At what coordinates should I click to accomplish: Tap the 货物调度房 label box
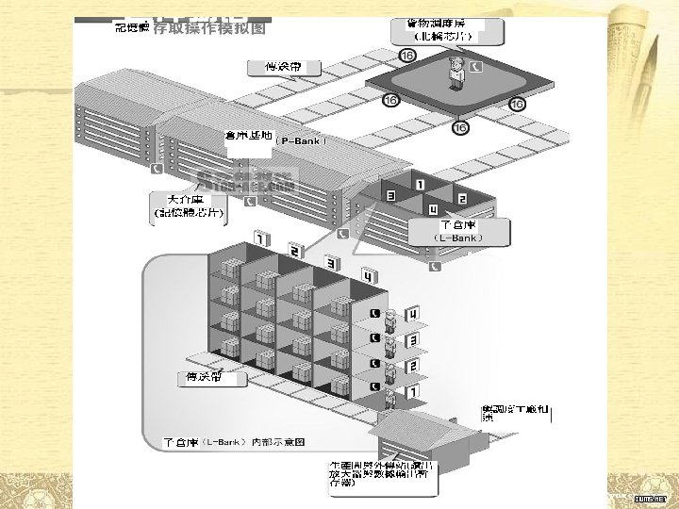coord(447,31)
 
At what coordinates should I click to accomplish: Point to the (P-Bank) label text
coord(301,140)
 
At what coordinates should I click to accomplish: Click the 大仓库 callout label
coord(189,206)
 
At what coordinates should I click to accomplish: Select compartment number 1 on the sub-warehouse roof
coord(419,185)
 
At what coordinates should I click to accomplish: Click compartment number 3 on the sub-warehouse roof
coord(390,196)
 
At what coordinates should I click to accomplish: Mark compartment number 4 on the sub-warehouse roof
coord(433,209)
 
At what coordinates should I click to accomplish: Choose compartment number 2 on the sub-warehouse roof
coord(462,199)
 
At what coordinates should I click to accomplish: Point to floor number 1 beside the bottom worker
coord(412,390)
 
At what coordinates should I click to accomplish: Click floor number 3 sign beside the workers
coord(412,339)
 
